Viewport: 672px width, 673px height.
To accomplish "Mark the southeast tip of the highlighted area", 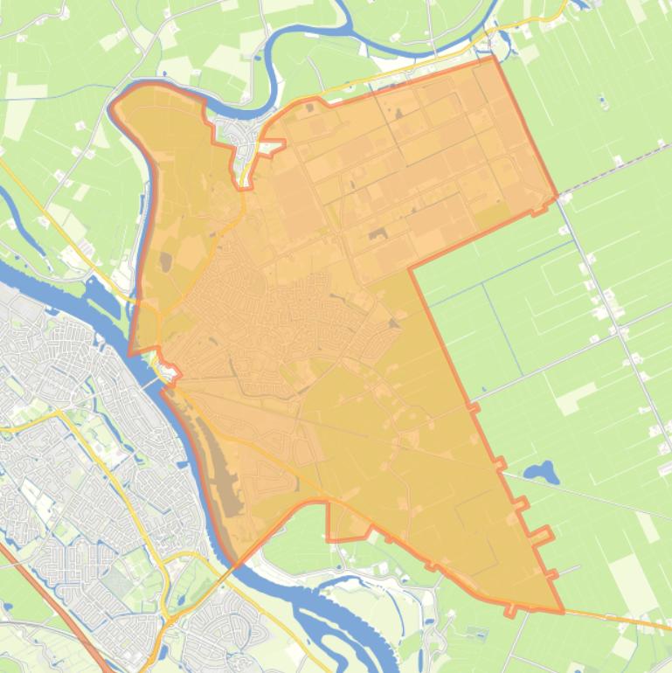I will [561, 611].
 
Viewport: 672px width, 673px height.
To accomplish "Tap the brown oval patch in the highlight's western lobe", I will [165, 260].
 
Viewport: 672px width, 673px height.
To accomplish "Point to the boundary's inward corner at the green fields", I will [410, 267].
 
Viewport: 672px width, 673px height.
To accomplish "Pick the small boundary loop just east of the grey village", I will [271, 146].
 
